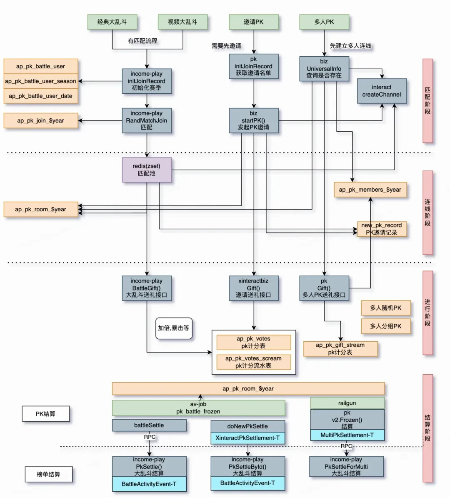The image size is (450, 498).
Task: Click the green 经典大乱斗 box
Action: pos(112,22)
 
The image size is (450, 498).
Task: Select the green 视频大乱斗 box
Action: pos(183,22)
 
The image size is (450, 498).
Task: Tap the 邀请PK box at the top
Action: pos(254,22)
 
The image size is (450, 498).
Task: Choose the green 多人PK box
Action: pos(324,22)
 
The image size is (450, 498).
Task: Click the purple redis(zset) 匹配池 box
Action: pos(147,170)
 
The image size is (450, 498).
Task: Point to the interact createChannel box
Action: pos(382,91)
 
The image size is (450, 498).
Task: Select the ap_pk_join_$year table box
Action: pos(41,121)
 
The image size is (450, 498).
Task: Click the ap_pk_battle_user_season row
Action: pos(41,81)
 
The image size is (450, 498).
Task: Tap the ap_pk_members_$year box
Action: pos(370,190)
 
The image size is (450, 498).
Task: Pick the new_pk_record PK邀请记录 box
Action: pos(382,229)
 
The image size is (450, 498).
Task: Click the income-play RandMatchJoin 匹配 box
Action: pos(147,120)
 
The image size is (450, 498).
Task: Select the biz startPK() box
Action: pos(254,120)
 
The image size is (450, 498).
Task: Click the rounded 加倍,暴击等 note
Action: pos(174,328)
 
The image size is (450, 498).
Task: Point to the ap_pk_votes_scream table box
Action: pos(254,362)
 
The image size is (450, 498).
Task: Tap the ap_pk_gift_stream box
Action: pos(340,349)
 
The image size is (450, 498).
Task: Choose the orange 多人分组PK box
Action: pos(386,326)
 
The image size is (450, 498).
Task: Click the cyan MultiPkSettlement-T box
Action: pos(347,435)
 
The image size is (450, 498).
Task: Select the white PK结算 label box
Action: pos(46,414)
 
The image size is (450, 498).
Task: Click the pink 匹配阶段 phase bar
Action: pos(428,101)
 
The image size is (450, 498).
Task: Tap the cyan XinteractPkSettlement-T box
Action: pos(247,438)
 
